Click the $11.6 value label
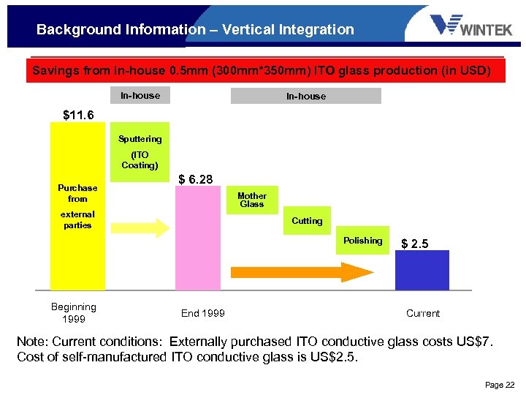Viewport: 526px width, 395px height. click(x=78, y=115)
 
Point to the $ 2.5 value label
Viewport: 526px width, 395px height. click(x=415, y=244)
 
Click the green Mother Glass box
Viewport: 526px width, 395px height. click(x=252, y=200)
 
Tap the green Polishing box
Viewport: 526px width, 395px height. click(x=362, y=241)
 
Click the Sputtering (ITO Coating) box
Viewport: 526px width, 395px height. click(x=140, y=151)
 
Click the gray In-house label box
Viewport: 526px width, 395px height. click(x=305, y=96)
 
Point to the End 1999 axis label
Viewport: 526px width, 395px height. click(x=203, y=313)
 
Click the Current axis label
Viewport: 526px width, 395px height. click(x=422, y=313)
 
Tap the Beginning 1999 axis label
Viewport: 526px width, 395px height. click(x=74, y=313)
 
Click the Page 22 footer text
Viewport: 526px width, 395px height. click(x=500, y=384)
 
